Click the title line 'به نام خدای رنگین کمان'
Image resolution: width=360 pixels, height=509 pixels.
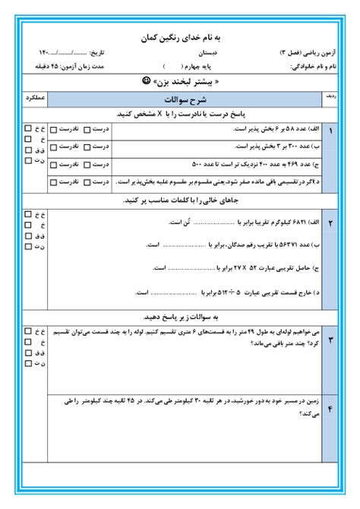181,36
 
